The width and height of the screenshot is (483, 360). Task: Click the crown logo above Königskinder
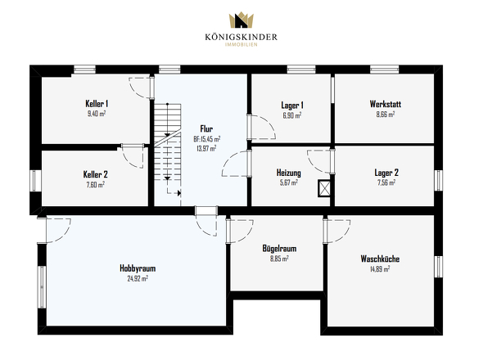(x=241, y=20)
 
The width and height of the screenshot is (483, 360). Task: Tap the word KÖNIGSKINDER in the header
(x=241, y=38)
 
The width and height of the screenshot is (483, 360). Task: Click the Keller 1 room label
(x=97, y=103)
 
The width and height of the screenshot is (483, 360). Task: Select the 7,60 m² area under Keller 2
(x=96, y=185)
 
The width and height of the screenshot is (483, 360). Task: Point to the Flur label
(x=206, y=128)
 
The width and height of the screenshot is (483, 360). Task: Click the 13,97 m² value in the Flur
(x=206, y=148)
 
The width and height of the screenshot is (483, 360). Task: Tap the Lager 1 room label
(x=292, y=106)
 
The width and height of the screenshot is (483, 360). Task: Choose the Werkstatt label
(x=386, y=104)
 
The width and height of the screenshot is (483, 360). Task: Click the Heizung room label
(x=289, y=173)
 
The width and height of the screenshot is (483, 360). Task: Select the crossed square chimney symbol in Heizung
(x=324, y=188)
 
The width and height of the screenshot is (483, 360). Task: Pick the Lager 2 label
(x=386, y=173)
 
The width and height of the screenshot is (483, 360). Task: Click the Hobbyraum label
(x=138, y=268)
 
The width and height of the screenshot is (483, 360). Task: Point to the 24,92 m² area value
(x=138, y=279)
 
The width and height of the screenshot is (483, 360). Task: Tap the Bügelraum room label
(x=279, y=249)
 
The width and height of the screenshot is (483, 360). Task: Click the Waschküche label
(x=380, y=259)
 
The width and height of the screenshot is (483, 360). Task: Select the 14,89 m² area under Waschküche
(x=380, y=269)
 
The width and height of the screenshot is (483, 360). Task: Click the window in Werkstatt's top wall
(x=385, y=70)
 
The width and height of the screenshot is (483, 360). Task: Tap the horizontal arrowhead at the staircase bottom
(x=179, y=193)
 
